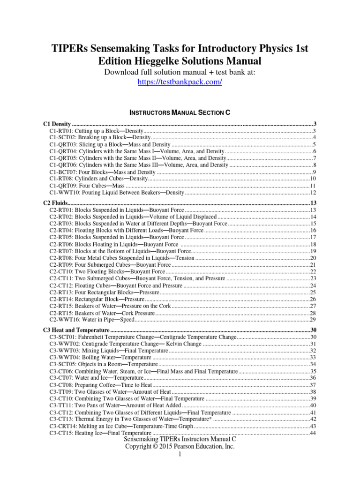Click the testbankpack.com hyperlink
180,82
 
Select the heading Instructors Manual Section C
180,113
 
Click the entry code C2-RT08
61,258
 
